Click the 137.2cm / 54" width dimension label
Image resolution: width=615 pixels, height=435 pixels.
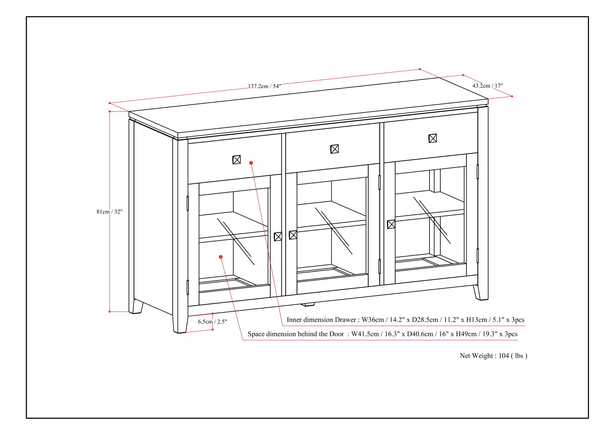tap(264, 86)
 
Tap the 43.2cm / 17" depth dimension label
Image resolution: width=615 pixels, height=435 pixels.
tap(487, 86)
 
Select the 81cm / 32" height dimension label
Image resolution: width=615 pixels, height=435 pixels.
tap(109, 212)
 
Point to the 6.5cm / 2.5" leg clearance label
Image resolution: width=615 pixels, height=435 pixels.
tap(212, 322)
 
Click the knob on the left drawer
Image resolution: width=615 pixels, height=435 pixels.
tap(236, 160)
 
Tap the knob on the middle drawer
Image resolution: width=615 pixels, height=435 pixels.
tap(334, 149)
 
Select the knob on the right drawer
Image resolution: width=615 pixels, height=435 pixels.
tap(433, 138)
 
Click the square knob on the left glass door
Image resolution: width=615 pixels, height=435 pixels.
tap(278, 236)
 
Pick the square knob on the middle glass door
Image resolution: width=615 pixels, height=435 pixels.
tap(293, 235)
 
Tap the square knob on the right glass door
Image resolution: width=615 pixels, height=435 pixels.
tap(391, 224)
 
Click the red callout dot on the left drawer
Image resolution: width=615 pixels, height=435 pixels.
tap(251, 163)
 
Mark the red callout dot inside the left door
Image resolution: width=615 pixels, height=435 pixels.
tap(221, 257)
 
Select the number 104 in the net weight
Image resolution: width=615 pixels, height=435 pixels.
tap(504, 356)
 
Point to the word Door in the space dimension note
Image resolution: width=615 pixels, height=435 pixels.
tap(337, 334)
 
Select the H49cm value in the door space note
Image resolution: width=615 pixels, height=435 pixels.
tap(466, 334)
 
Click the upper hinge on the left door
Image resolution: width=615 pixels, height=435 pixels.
tap(187, 203)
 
